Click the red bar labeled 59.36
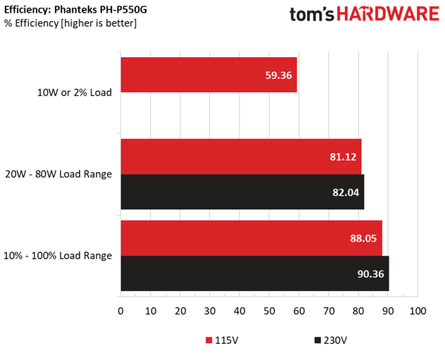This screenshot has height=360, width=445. (x=209, y=75)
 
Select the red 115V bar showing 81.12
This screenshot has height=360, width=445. (x=242, y=156)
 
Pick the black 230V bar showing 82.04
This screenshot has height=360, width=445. (x=243, y=192)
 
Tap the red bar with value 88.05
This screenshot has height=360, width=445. (x=251, y=238)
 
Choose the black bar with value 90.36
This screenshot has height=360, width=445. (x=255, y=273)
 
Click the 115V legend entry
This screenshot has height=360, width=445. (x=222, y=340)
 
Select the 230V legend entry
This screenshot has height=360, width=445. (x=331, y=340)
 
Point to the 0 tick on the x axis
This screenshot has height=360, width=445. (x=120, y=311)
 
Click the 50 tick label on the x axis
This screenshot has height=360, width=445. (x=269, y=311)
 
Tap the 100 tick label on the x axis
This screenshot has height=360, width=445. (x=418, y=311)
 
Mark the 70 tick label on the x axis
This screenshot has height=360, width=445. (x=329, y=311)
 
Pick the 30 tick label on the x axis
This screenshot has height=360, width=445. (x=210, y=311)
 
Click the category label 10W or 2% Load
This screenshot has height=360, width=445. (x=75, y=92)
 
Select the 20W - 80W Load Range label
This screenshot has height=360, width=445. (x=58, y=174)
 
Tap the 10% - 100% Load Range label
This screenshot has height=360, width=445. (x=58, y=256)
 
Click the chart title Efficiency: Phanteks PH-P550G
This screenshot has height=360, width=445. (x=75, y=10)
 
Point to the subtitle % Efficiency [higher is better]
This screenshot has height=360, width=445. (x=70, y=23)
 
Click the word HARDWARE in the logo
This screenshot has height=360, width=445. (x=388, y=14)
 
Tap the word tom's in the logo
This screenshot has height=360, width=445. (x=312, y=14)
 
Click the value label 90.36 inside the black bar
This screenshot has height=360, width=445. (x=370, y=274)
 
